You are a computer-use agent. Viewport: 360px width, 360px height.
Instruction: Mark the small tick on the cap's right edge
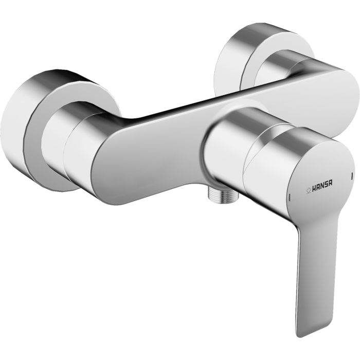pos(351,176)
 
